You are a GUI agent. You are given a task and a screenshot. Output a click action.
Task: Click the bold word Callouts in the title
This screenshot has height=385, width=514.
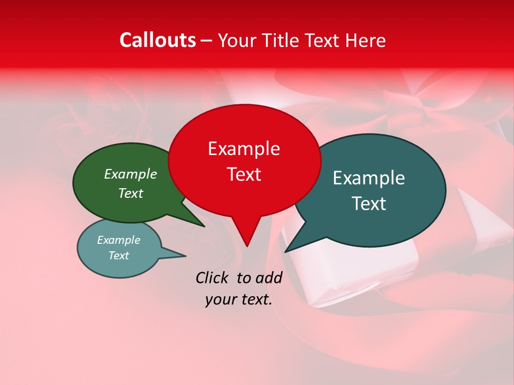158,40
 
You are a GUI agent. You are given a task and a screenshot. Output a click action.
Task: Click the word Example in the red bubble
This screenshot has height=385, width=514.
244,149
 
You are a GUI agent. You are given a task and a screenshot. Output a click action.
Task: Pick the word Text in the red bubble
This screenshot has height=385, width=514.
244,174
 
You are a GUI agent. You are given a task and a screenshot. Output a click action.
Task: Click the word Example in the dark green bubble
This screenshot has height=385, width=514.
131,174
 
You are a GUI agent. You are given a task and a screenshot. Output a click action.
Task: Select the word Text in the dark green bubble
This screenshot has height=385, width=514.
131,194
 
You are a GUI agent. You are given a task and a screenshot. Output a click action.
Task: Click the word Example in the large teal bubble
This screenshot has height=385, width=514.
369,178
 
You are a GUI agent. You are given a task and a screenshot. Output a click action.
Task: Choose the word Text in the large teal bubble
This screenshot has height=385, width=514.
369,204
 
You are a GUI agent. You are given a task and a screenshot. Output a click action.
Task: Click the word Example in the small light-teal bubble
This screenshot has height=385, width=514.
119,240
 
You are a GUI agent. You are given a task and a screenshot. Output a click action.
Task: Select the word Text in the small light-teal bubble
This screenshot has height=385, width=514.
119,256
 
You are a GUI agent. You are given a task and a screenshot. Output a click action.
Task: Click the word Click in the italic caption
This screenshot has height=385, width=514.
213,278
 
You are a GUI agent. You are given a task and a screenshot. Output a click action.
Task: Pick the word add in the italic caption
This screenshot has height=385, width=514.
269,278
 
